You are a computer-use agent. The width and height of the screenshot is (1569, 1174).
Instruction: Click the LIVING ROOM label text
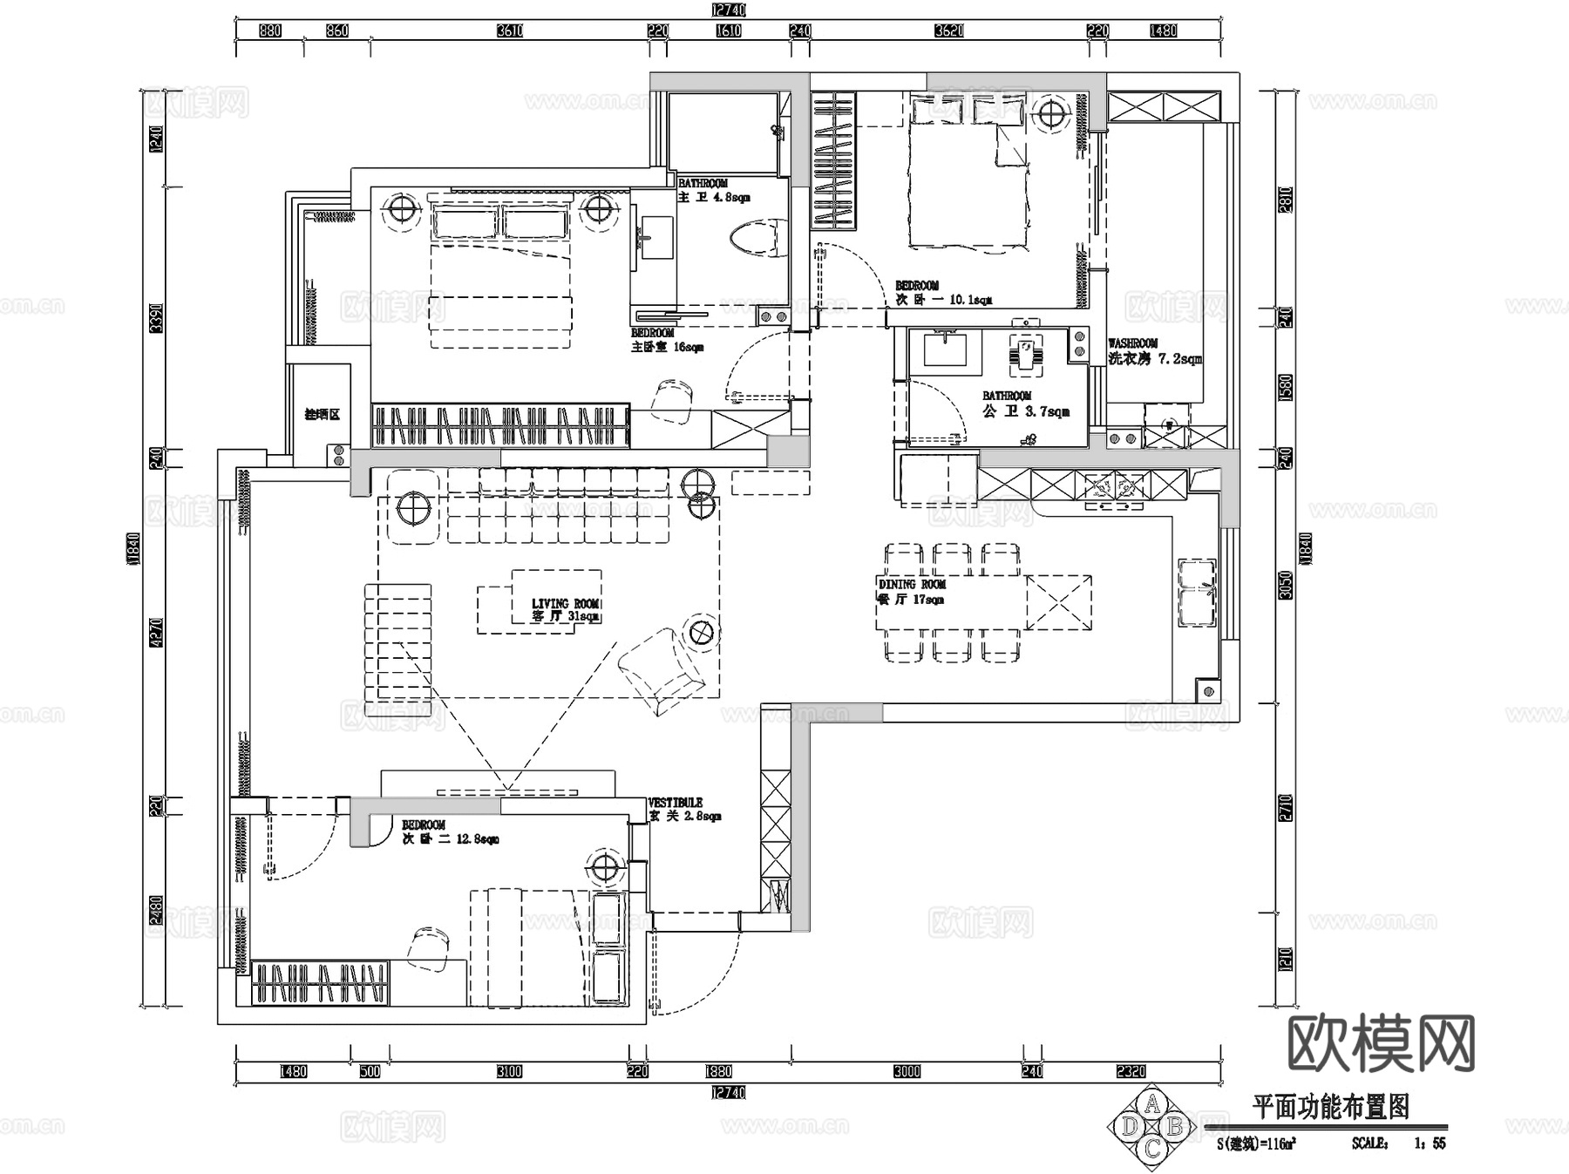tap(565, 603)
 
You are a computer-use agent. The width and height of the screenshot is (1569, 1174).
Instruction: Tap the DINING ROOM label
tap(912, 584)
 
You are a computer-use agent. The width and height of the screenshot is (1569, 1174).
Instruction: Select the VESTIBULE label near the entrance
tap(675, 803)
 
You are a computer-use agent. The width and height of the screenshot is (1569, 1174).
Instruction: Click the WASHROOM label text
tap(1132, 343)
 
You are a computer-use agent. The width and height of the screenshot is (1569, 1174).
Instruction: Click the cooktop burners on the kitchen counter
tap(1113, 485)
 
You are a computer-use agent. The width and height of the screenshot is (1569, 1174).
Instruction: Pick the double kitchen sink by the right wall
tap(1197, 592)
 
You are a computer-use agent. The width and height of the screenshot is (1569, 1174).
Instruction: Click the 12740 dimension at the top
tap(729, 10)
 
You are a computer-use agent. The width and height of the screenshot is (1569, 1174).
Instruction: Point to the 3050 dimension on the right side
tap(1285, 585)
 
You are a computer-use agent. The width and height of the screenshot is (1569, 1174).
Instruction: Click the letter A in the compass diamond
tap(1151, 1106)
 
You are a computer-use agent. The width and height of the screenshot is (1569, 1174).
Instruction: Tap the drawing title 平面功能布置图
tap(1330, 1108)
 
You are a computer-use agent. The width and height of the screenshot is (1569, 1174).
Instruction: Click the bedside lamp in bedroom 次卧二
tap(604, 866)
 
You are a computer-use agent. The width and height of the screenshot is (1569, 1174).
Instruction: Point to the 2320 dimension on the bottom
tap(1131, 1071)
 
